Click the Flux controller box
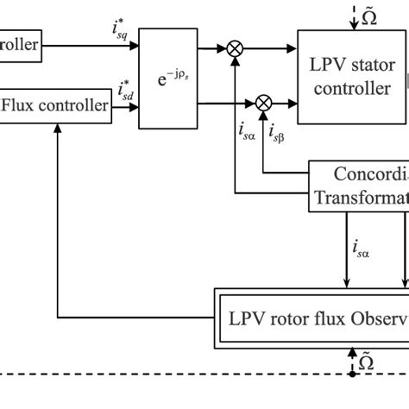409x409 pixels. point(57,106)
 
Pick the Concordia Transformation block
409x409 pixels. point(359,185)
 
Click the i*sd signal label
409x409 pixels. point(125,91)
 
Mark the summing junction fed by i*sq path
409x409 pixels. point(235,49)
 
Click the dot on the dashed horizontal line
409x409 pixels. point(352,374)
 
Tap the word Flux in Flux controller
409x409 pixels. point(22,106)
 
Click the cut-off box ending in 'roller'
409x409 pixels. point(21,43)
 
